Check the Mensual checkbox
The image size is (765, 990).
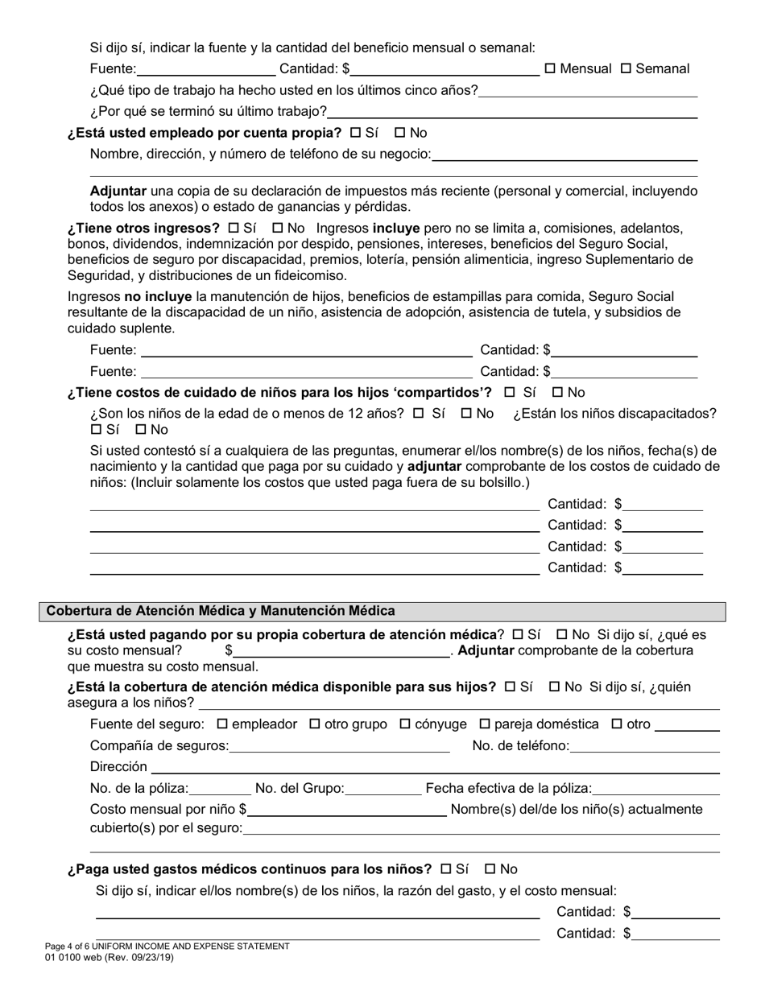click(550, 69)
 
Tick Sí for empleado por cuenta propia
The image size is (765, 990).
click(356, 133)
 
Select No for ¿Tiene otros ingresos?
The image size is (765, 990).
click(278, 229)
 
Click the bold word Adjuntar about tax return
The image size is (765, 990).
click(118, 192)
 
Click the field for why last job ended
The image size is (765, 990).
click(512, 112)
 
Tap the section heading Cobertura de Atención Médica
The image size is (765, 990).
click(221, 611)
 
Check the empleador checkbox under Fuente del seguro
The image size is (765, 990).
click(223, 724)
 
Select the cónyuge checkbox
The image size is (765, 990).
click(405, 724)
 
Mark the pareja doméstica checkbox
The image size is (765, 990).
click(485, 724)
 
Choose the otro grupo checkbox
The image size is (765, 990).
click(315, 724)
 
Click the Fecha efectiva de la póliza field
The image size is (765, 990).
click(655, 789)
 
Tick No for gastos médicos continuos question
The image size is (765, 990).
click(490, 869)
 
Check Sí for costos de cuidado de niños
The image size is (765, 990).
click(509, 393)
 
